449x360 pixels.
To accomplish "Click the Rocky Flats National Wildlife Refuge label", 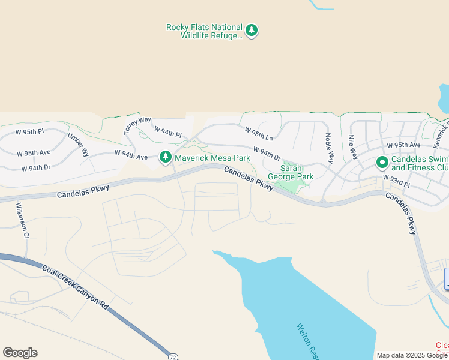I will pyautogui.click(x=204, y=31).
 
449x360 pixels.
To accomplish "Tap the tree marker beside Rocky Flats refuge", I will pyautogui.click(x=252, y=31).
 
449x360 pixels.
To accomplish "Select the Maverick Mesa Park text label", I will pyautogui.click(x=212, y=158).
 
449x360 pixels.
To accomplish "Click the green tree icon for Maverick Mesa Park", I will pyautogui.click(x=166, y=157).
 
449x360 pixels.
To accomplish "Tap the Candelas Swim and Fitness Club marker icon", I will pyautogui.click(x=382, y=162).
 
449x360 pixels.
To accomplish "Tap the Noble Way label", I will pyautogui.click(x=328, y=148).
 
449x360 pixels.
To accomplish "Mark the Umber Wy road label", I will pyautogui.click(x=78, y=145).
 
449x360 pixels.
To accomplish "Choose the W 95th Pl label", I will pyautogui.click(x=30, y=131).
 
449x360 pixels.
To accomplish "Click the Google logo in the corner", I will pyautogui.click(x=20, y=353).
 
